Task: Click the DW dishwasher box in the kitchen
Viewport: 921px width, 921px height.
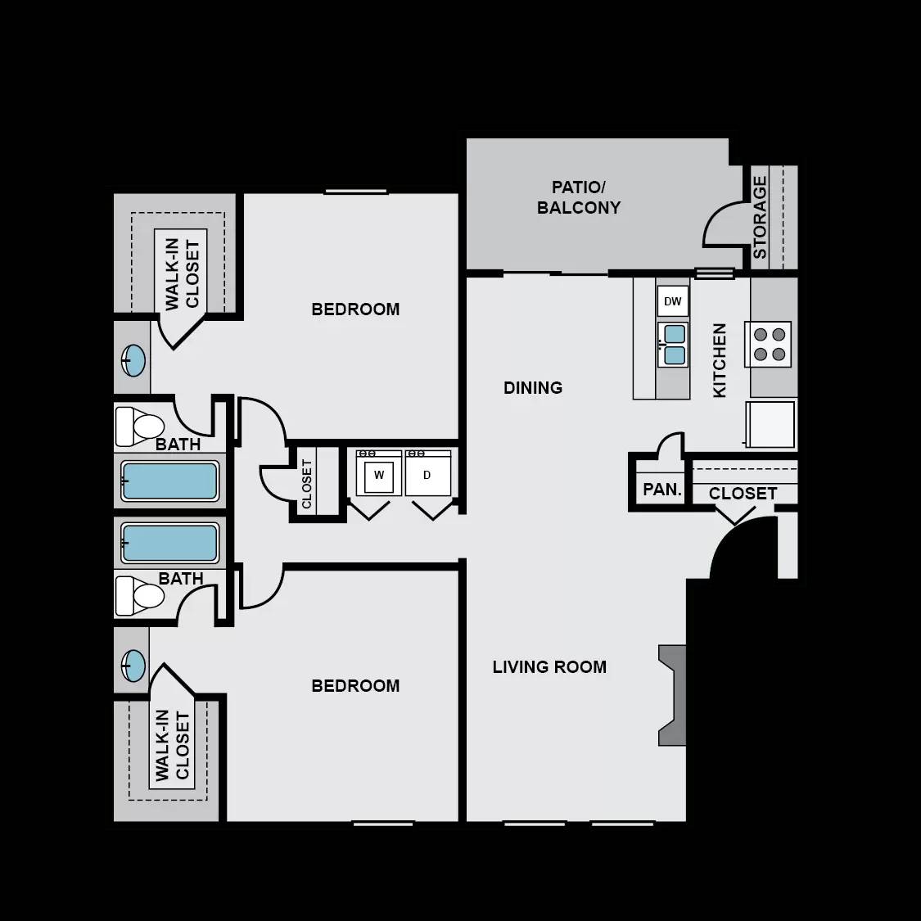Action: (x=672, y=301)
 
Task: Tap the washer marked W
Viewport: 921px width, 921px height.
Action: (x=379, y=475)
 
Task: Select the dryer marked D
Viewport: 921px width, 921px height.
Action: (x=427, y=475)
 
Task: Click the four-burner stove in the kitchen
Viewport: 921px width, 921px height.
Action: (x=768, y=344)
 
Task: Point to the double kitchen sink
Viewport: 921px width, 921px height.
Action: (x=674, y=345)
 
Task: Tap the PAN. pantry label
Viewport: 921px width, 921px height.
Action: (x=662, y=490)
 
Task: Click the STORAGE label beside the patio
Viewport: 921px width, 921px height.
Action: (x=760, y=218)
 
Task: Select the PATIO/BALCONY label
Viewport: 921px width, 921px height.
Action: (x=579, y=197)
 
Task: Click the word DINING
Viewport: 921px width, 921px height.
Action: (x=533, y=388)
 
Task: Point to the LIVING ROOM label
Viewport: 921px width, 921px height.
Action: (x=549, y=667)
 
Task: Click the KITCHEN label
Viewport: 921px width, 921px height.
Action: (x=720, y=360)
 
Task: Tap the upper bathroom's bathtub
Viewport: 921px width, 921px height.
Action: (x=169, y=481)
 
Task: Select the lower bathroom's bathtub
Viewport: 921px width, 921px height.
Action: (x=169, y=544)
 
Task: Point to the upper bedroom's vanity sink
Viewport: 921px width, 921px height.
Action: (x=133, y=360)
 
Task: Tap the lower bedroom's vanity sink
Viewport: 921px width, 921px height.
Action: (x=133, y=666)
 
